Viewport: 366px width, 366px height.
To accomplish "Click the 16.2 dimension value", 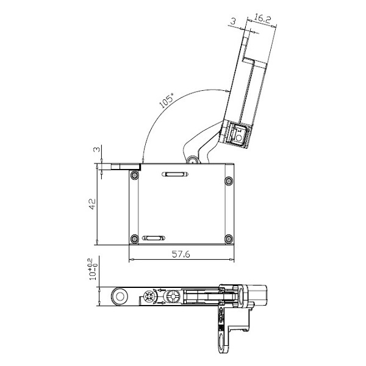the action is pos(262,19).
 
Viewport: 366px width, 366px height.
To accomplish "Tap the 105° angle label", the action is pos(167,101).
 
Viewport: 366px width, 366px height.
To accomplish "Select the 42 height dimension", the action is pos(93,204).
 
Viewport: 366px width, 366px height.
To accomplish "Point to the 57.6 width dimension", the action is pos(181,254).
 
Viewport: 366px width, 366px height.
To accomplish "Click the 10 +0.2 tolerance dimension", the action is pos(93,270).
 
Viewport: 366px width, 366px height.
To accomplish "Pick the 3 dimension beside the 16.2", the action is pos(234,21).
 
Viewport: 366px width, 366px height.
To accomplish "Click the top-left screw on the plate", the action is pos(135,175).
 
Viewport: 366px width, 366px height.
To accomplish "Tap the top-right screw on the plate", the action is pos(229,181).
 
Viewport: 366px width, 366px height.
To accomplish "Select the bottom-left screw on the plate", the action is pos(134,239).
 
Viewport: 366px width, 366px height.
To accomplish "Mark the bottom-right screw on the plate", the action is pos(229,239).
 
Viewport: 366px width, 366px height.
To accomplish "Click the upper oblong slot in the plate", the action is pos(175,174).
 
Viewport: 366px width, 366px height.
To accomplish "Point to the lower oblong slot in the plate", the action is pos(153,238).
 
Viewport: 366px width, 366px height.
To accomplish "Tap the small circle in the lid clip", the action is pos(239,137).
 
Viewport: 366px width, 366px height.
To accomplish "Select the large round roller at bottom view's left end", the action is pos(120,296).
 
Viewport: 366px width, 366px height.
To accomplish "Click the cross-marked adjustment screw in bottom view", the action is pos(149,296).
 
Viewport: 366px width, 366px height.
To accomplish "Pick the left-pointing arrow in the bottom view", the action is pos(161,290).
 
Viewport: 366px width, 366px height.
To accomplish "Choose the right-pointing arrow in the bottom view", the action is pos(161,303).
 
